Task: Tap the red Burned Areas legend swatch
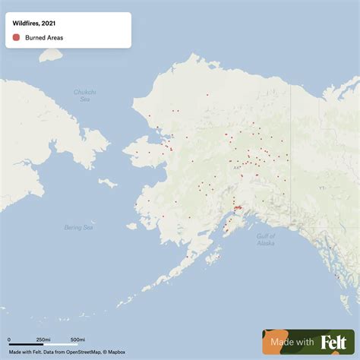pos(16,36)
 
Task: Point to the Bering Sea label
pos(78,227)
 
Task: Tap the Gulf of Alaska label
pos(265,239)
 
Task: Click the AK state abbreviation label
pos(236,166)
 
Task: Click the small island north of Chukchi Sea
pos(50,55)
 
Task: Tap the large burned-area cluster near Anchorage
pos(237,207)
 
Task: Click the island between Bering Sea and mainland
pos(108,182)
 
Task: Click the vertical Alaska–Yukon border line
pos(291,144)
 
